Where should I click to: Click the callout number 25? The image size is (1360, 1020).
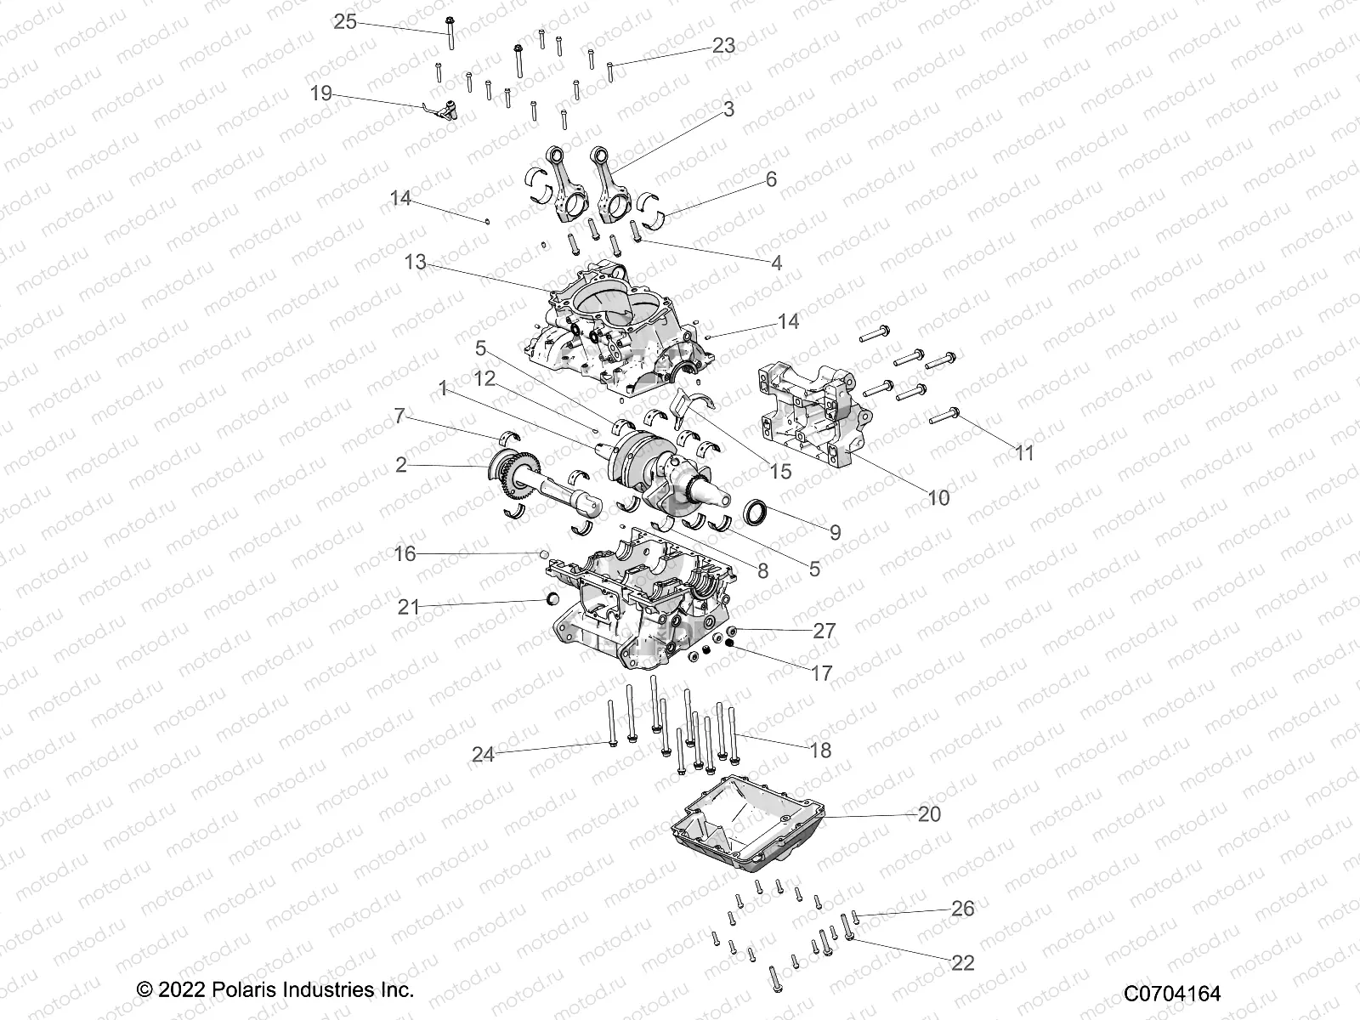coord(345,22)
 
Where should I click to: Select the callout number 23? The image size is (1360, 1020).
coord(723,46)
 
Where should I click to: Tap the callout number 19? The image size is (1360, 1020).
coord(321,93)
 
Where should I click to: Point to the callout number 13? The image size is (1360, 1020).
coord(415,263)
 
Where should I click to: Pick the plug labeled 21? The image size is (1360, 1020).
coord(551,602)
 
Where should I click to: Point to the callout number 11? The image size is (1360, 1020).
coord(1025,453)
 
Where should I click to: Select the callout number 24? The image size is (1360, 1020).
coord(483,754)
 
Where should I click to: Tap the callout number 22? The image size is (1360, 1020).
coord(962,963)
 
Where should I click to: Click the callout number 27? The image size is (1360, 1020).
coord(824,631)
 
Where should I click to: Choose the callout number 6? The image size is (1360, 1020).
coord(771,179)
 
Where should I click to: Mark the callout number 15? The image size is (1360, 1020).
coord(779,471)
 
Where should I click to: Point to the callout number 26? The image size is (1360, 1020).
coord(962,909)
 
